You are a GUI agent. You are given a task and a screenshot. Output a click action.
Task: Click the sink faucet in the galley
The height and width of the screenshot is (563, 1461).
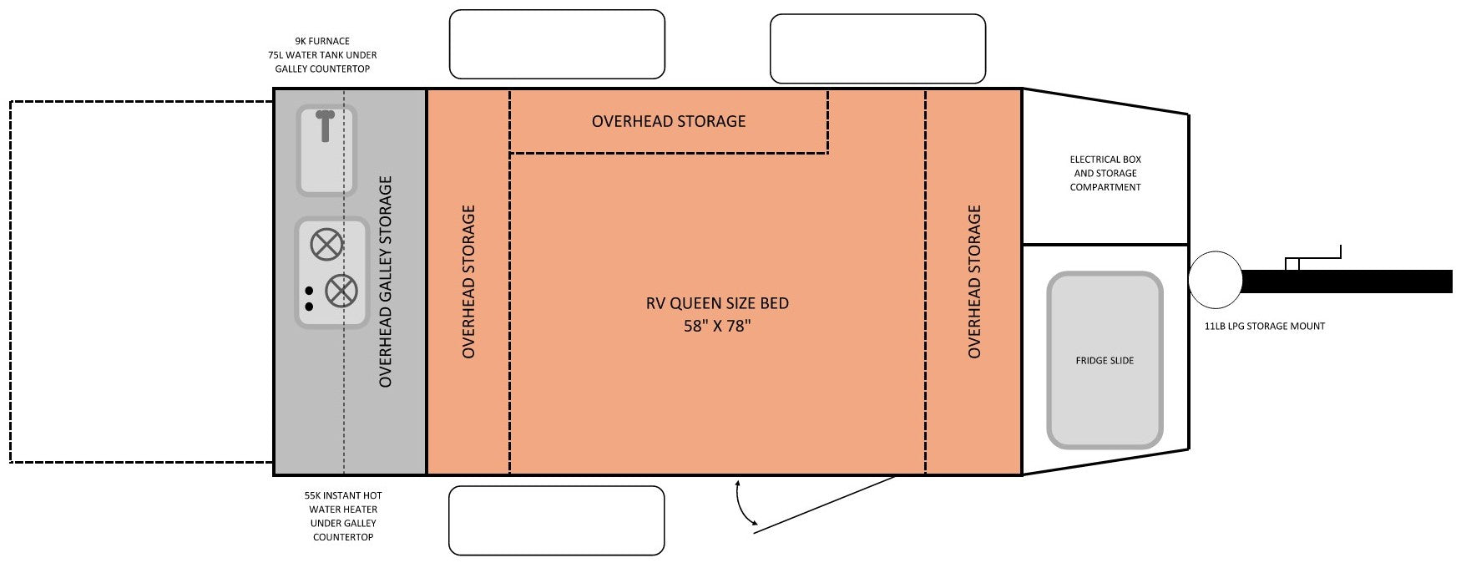click(325, 125)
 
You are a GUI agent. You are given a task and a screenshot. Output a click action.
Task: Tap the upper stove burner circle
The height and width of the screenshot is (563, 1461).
click(326, 245)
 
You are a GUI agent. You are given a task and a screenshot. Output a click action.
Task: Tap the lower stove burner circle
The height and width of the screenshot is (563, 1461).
click(341, 291)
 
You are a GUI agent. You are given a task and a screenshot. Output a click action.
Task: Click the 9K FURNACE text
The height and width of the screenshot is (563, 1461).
click(322, 41)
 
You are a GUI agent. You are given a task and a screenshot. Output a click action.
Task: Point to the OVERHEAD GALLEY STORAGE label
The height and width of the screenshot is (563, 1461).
click(385, 281)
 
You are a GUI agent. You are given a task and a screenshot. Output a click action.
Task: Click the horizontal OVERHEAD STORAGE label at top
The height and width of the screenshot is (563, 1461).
click(668, 121)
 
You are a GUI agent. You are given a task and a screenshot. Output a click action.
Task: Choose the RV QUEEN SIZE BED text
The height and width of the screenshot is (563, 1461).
click(717, 303)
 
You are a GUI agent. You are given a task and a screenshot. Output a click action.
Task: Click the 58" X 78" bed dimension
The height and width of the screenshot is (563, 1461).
click(717, 326)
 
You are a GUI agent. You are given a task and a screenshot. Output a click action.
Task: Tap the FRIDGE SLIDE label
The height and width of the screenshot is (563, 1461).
click(1104, 361)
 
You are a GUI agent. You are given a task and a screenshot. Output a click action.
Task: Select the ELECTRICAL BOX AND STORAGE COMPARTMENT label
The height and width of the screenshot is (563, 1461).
click(1105, 173)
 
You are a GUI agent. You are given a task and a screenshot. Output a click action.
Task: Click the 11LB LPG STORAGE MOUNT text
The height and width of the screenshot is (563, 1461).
click(1264, 327)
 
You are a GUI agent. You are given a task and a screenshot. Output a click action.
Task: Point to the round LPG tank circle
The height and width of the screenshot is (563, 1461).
click(1216, 280)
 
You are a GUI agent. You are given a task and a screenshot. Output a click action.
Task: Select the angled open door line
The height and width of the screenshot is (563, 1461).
click(827, 502)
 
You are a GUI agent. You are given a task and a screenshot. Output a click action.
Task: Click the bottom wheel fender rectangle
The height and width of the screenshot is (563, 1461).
click(556, 520)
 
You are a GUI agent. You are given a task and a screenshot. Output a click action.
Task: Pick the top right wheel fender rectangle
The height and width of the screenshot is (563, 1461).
click(877, 48)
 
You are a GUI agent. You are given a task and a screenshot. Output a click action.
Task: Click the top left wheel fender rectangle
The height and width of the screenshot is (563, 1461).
click(557, 44)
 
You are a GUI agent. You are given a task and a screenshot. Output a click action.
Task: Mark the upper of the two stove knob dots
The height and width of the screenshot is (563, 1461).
click(309, 291)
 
